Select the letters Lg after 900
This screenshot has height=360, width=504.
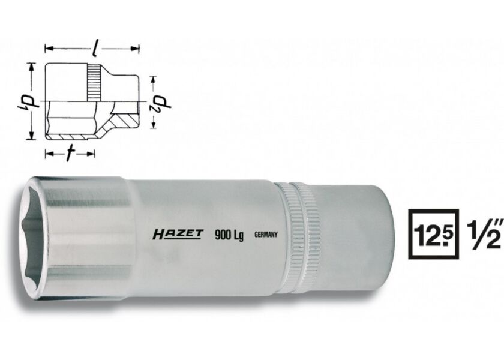click(x=238, y=235)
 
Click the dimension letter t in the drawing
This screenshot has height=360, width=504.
click(x=70, y=154)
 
